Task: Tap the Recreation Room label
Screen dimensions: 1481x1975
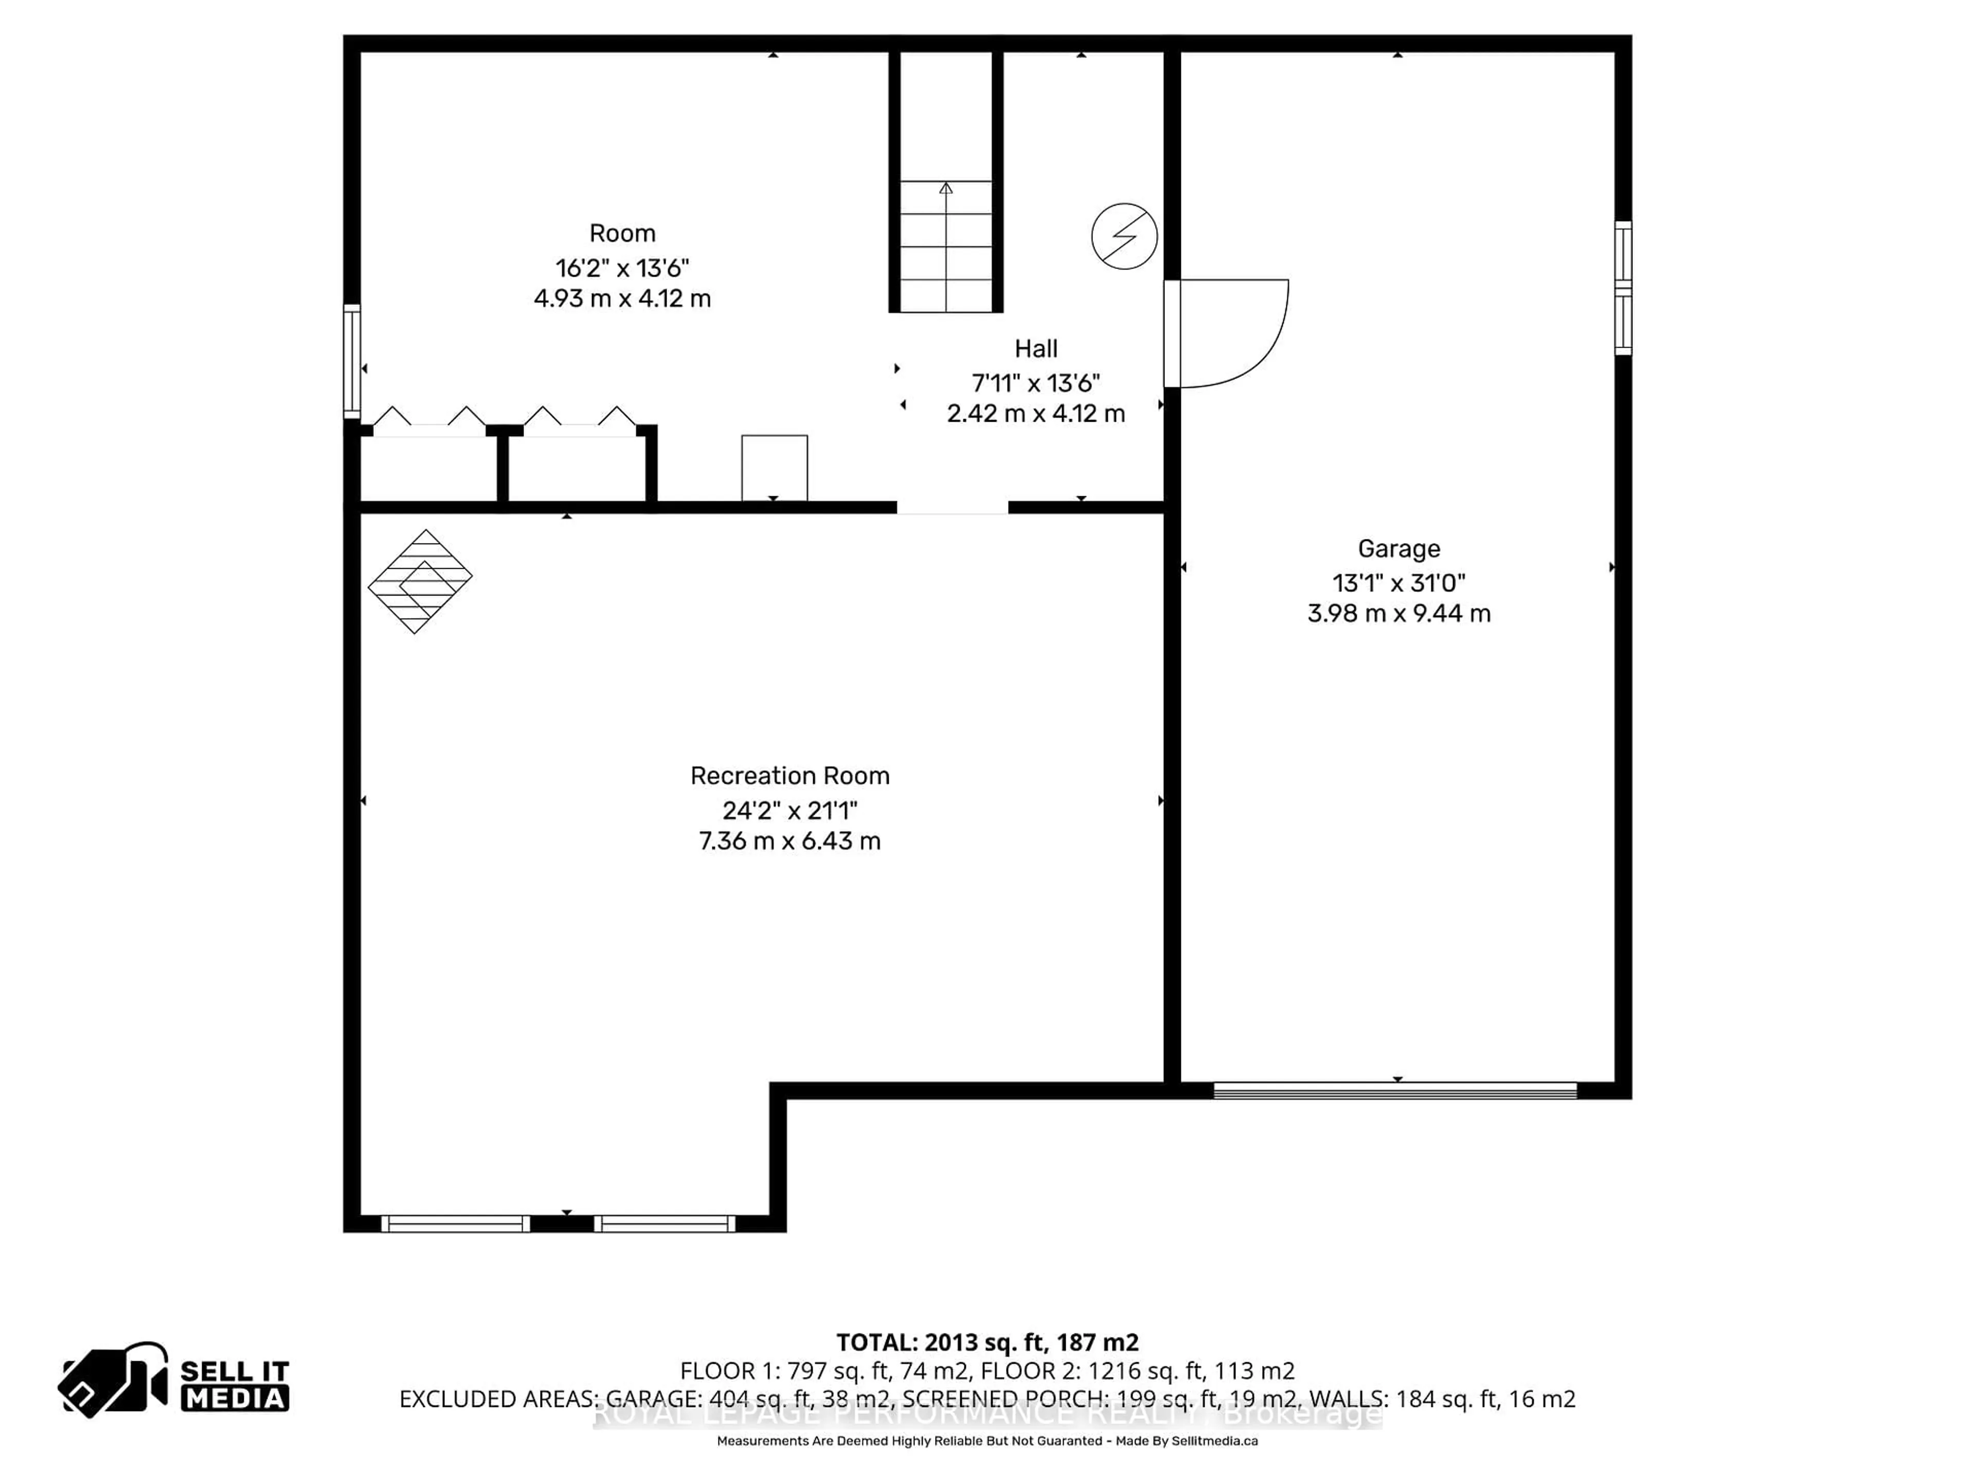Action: click(x=789, y=776)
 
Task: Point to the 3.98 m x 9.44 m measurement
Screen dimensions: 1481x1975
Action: click(x=1398, y=613)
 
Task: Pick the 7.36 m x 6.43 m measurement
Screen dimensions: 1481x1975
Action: click(x=789, y=841)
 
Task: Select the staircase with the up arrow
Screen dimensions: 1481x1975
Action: click(x=945, y=245)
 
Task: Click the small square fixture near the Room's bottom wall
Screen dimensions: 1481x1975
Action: click(x=774, y=468)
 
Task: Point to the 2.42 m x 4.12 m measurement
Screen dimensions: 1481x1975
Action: click(x=1036, y=413)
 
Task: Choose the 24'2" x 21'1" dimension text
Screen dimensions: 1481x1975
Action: click(x=789, y=810)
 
